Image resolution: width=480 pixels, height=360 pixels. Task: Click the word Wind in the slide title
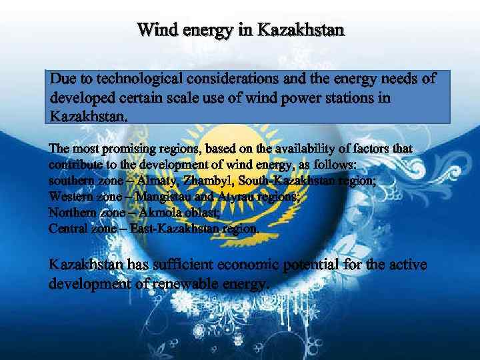click(154, 30)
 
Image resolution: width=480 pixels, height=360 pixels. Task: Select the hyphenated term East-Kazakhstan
click(175, 229)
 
